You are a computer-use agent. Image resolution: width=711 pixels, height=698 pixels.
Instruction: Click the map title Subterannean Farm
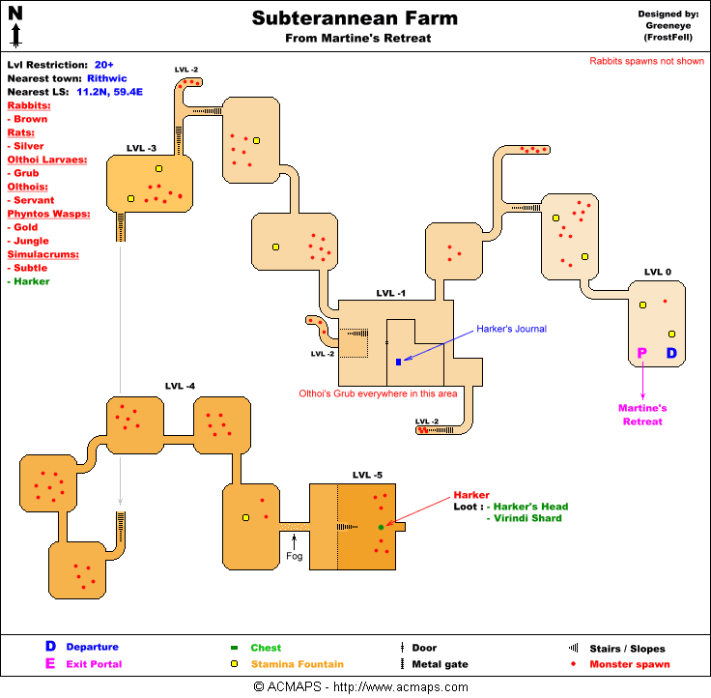(x=355, y=18)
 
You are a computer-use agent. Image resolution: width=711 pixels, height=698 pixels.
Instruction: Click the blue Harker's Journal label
(x=511, y=329)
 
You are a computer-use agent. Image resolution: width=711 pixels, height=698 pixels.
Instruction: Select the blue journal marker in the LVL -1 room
(x=398, y=362)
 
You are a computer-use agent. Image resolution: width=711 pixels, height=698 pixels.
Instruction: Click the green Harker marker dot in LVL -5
(x=381, y=527)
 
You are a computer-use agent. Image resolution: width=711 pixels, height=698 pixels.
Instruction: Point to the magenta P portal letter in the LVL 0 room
(x=642, y=354)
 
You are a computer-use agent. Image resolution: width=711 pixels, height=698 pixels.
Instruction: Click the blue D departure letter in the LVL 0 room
(x=672, y=354)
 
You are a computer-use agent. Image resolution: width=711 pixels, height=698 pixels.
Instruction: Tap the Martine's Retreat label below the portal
(x=642, y=415)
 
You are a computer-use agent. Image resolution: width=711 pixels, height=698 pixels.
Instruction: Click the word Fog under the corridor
(x=295, y=556)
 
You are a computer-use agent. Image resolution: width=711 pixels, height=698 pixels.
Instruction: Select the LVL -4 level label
(x=180, y=387)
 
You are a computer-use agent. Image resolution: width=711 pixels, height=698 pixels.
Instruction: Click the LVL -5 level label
(x=367, y=475)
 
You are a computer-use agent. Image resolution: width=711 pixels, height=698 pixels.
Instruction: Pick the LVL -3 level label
(x=141, y=148)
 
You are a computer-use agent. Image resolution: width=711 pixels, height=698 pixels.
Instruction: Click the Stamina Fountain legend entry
(x=297, y=664)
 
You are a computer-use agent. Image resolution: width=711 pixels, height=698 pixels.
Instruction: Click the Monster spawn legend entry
(x=634, y=664)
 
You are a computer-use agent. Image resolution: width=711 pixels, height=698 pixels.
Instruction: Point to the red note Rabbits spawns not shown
(x=647, y=61)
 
